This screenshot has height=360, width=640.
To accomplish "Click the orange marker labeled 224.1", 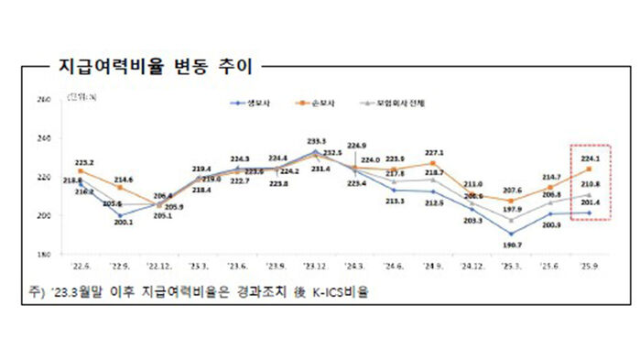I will (x=589, y=169).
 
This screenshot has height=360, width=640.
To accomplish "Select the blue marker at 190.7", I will (x=510, y=234).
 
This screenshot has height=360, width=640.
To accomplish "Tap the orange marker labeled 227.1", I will (x=432, y=163).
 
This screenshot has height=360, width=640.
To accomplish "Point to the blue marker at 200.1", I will (x=119, y=215).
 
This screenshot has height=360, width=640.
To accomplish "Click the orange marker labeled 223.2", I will (x=81, y=170).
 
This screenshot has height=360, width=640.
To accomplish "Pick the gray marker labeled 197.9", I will (x=510, y=220).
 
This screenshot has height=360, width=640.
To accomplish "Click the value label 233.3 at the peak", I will (x=315, y=141).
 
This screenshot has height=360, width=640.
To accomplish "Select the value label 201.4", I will (x=591, y=202).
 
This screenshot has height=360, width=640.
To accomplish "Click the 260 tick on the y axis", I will (x=43, y=100).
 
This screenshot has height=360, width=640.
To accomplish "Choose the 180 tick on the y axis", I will (x=43, y=254).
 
